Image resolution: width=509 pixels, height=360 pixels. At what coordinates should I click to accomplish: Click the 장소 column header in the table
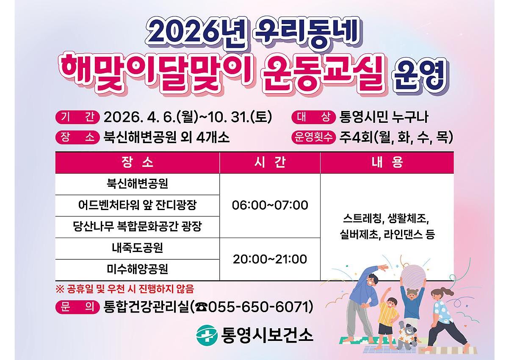coord(137,163)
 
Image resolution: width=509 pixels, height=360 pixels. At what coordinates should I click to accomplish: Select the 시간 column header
coord(270,163)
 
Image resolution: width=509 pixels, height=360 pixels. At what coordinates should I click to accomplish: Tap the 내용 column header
coord(387,163)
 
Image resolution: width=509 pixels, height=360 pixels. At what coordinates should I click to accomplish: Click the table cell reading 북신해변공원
coord(137,184)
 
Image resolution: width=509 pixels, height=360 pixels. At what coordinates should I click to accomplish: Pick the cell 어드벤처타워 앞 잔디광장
coord(137,205)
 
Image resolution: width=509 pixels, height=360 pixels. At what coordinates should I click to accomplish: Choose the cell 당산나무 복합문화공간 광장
coord(137,227)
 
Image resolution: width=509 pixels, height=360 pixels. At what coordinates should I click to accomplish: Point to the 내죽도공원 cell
coord(137,248)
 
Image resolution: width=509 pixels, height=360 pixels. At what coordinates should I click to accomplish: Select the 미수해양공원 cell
coord(137,269)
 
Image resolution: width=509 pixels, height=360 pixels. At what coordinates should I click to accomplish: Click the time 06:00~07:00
coord(270,205)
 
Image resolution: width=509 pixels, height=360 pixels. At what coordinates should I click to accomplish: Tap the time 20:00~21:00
coord(270,259)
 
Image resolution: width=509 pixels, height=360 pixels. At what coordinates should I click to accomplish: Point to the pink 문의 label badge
coord(77,307)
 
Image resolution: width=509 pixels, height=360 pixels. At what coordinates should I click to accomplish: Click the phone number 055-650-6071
coord(258,307)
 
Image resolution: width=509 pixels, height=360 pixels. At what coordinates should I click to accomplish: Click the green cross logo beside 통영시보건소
coord(206,335)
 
